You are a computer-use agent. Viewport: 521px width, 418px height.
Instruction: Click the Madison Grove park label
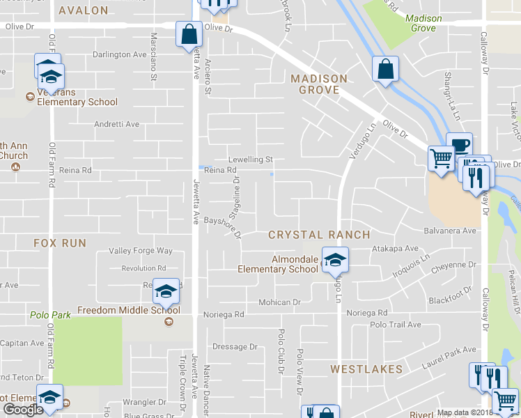[423, 23]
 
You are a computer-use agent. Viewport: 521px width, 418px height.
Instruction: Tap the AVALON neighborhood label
[84, 10]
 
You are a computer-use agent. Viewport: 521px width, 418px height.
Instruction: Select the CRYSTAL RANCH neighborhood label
[320, 235]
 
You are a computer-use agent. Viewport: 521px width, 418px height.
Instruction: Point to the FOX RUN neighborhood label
[60, 243]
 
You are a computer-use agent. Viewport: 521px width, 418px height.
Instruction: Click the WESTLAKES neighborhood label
[366, 369]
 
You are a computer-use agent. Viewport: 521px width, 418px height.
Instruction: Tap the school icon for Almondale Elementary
[336, 261]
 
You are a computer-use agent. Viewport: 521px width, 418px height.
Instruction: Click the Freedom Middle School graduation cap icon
[166, 291]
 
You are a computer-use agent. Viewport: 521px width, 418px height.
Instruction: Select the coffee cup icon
[459, 145]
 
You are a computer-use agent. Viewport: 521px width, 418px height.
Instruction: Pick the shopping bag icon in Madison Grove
[384, 68]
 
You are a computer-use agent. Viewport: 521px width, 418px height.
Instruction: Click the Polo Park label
[50, 315]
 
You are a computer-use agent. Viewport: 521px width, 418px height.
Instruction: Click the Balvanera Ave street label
[449, 231]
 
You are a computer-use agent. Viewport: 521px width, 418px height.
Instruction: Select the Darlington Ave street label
[120, 54]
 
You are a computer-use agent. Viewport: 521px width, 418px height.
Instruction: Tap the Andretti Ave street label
[117, 124]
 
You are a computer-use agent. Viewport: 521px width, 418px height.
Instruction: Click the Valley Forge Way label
[140, 251]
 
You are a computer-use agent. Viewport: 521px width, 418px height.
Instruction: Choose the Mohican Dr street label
[279, 302]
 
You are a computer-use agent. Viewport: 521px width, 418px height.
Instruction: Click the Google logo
[23, 410]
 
